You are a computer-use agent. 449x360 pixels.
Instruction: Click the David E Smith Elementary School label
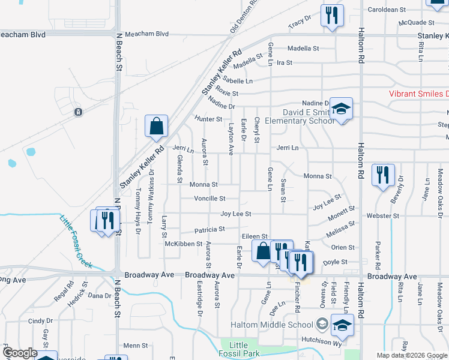(309, 116)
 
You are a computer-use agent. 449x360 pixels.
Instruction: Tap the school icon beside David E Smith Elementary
(341, 109)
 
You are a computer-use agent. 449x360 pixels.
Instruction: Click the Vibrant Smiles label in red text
(418, 94)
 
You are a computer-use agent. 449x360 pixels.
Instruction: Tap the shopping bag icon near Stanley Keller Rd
(156, 127)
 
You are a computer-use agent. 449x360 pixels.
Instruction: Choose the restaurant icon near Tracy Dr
(332, 15)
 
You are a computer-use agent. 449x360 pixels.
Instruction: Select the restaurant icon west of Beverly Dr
(382, 175)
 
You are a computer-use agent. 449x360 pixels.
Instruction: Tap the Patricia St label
(209, 229)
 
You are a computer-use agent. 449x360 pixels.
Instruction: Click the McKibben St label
(184, 244)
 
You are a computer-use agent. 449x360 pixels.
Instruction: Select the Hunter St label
(209, 119)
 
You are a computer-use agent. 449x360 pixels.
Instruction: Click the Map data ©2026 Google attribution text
(411, 355)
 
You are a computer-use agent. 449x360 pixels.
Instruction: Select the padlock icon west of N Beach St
(78, 112)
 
